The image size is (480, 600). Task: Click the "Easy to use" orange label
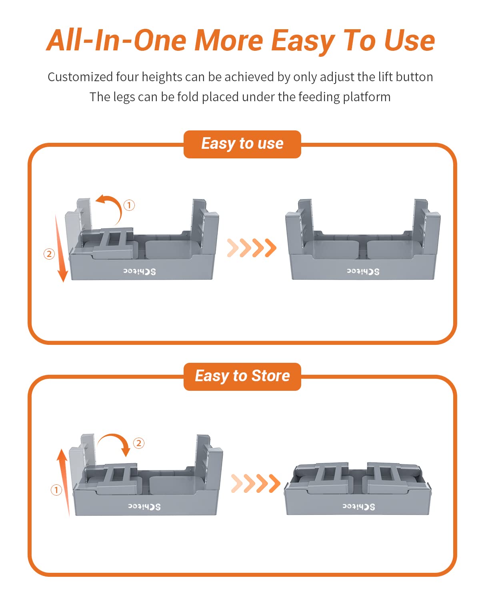(x=242, y=144)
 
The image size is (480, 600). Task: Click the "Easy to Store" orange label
(x=242, y=376)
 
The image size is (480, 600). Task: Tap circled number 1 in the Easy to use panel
(x=129, y=205)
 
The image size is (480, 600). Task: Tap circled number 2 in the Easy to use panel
(x=49, y=254)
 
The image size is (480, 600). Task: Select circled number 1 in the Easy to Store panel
(x=56, y=490)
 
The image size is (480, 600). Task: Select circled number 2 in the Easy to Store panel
(x=139, y=443)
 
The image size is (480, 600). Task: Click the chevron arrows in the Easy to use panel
(x=252, y=248)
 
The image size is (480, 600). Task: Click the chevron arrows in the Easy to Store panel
(x=256, y=483)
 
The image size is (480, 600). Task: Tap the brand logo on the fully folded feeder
(x=358, y=507)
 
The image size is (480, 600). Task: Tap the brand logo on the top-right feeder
(x=363, y=272)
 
